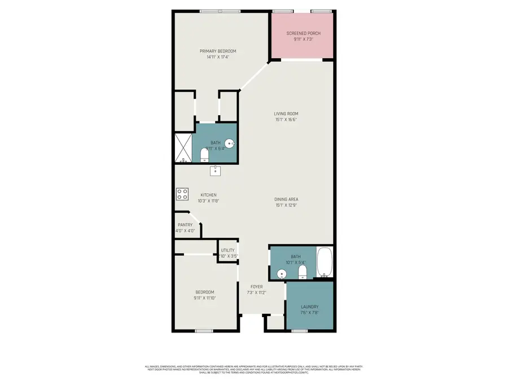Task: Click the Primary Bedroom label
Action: (x=218, y=51)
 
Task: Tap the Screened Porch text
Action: (x=303, y=33)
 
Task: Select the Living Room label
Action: (x=286, y=113)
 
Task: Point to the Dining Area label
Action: (x=286, y=199)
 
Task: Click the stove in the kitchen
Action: (x=182, y=194)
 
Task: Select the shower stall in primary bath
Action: (x=183, y=148)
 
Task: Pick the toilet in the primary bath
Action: (x=204, y=154)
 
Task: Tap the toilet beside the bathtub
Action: (x=303, y=273)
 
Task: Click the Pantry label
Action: (x=185, y=225)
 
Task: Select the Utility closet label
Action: (x=227, y=250)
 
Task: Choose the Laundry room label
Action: (x=310, y=307)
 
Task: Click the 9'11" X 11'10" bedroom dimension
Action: (x=205, y=298)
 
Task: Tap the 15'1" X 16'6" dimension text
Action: (x=286, y=120)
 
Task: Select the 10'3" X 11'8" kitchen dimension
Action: (x=208, y=201)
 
